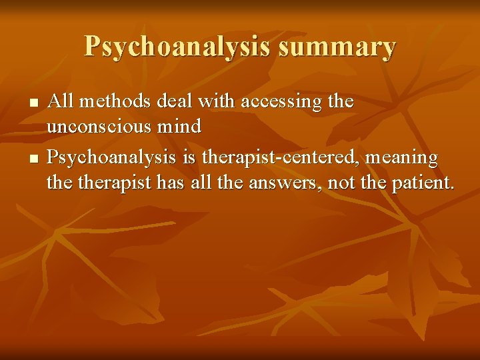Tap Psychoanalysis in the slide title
pyautogui.click(x=175, y=47)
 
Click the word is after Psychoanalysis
pyautogui.click(x=189, y=159)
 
